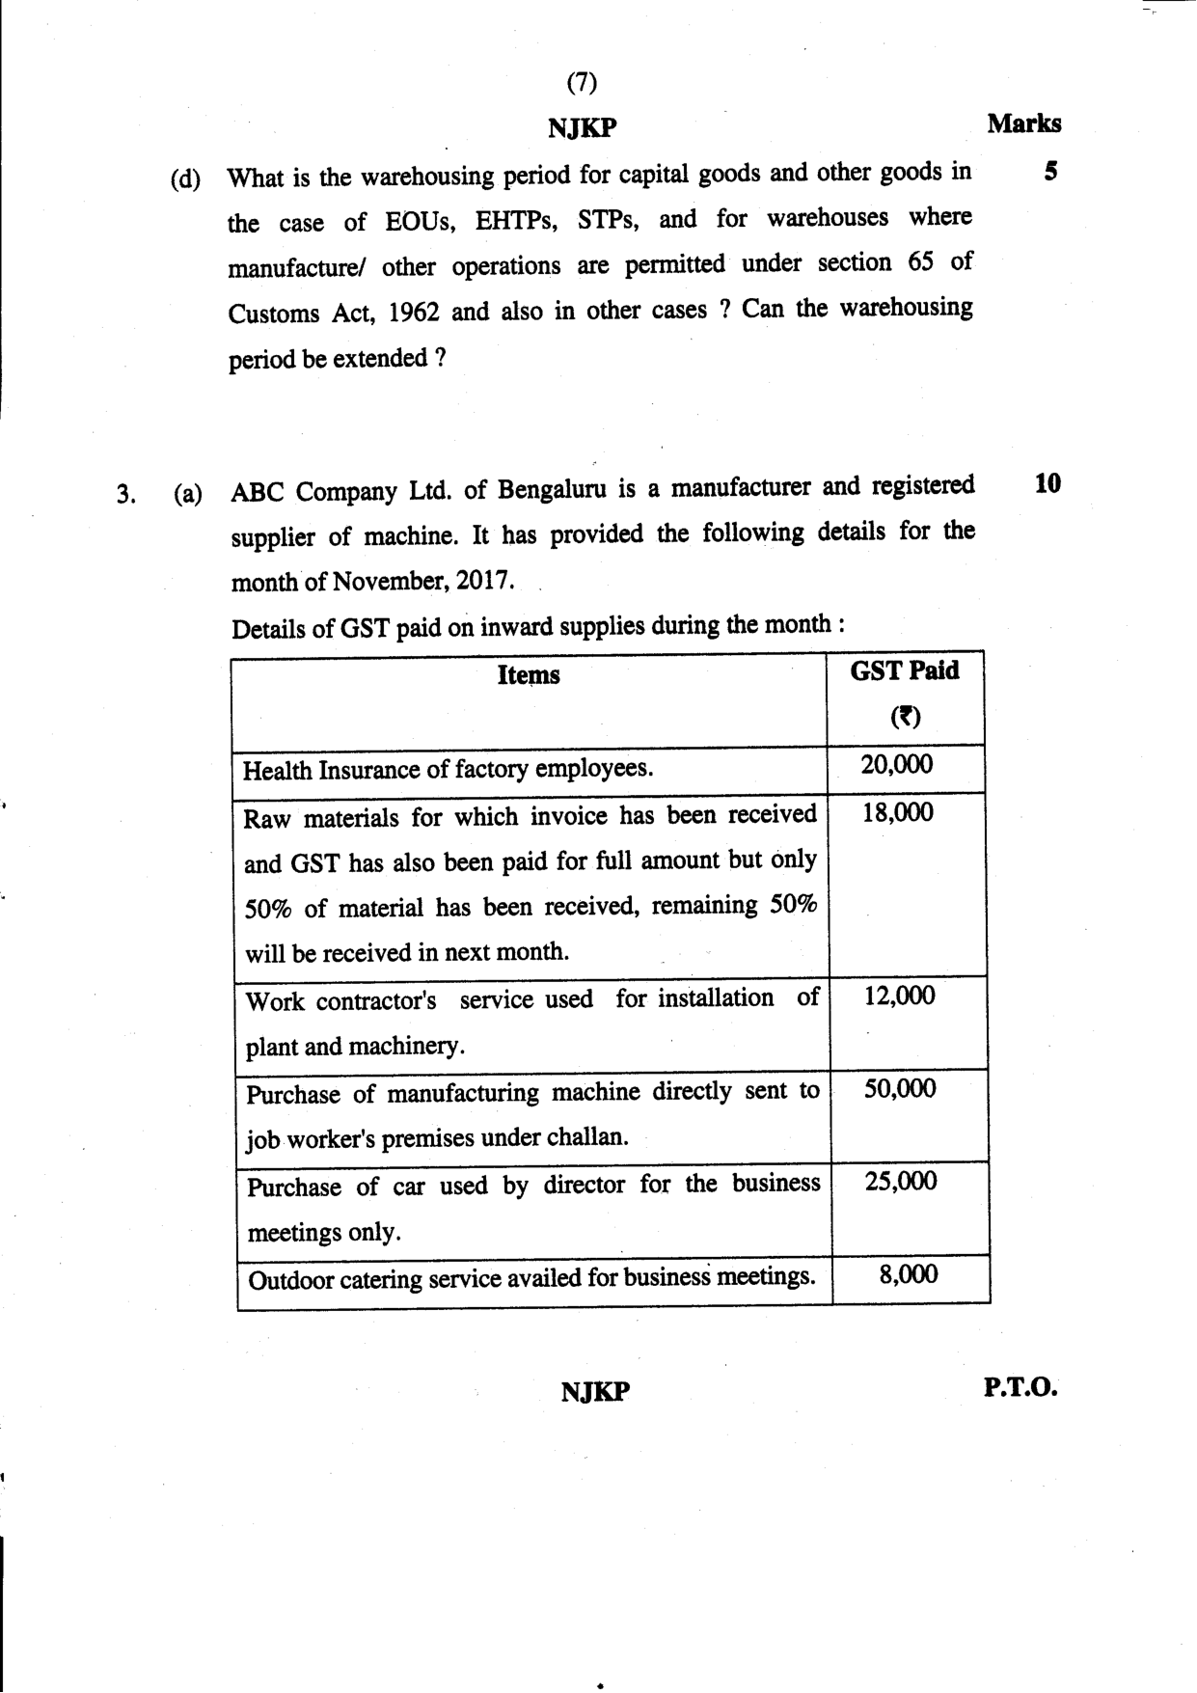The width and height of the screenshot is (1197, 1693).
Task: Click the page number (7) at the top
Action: pos(582,83)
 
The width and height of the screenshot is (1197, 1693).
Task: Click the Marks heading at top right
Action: pos(1023,123)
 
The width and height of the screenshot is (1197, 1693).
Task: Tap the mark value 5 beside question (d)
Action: pos(1050,172)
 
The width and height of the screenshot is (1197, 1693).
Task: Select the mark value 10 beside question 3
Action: pos(1047,483)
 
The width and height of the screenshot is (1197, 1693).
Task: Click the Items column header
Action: pos(529,675)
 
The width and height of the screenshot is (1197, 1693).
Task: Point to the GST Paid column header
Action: pos(905,671)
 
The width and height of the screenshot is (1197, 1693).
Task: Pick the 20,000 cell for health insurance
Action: pos(897,765)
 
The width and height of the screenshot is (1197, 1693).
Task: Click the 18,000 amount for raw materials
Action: pos(898,812)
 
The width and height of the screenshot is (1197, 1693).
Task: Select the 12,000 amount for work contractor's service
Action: pos(899,996)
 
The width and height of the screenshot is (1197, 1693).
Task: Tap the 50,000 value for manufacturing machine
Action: pos(900,1089)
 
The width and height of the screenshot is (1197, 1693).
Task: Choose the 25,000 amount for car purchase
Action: pos(901,1182)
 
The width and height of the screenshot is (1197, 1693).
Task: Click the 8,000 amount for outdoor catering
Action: pos(909,1275)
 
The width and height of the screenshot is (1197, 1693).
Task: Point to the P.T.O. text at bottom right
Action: pos(1020,1388)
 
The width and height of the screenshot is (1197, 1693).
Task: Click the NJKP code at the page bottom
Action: pos(595,1392)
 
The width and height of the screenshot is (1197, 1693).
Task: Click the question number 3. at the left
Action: pos(126,496)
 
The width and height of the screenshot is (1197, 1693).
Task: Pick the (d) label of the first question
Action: pos(185,179)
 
